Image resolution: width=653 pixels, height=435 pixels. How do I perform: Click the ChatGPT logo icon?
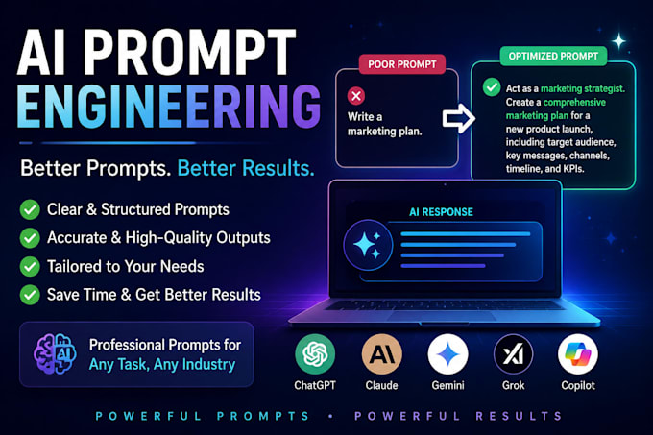click(315, 353)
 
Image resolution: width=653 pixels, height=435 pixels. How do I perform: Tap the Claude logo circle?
click(382, 353)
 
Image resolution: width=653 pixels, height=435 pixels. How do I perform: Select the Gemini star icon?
click(448, 354)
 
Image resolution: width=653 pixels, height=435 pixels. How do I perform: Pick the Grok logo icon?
click(513, 354)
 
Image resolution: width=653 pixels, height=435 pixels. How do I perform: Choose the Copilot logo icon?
click(578, 354)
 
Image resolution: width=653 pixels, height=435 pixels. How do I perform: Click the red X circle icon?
click(356, 96)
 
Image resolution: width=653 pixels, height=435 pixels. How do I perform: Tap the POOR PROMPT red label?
click(402, 64)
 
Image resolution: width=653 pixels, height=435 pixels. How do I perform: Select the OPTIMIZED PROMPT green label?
click(553, 57)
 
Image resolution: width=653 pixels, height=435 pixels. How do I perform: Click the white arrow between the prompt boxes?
click(458, 119)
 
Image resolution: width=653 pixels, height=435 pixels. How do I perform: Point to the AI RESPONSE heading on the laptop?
click(441, 212)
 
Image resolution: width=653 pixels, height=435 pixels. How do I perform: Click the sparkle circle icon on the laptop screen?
click(368, 245)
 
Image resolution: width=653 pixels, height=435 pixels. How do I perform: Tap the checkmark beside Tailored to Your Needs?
click(30, 266)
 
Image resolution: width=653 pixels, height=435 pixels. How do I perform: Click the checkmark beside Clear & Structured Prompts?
click(30, 209)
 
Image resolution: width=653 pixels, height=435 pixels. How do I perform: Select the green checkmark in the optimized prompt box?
click(492, 87)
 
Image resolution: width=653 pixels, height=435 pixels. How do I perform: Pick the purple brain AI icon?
click(55, 353)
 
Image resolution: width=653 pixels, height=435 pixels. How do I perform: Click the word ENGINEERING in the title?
click(169, 106)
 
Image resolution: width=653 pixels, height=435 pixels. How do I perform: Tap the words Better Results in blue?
click(246, 168)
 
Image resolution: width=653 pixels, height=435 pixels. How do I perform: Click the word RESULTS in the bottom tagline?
click(519, 416)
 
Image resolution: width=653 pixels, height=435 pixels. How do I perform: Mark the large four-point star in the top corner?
click(618, 41)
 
